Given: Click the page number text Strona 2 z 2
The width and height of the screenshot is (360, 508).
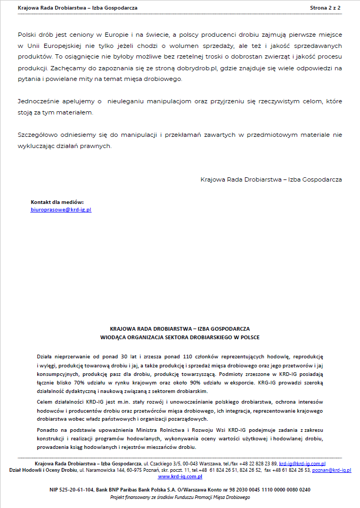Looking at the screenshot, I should (x=325, y=9).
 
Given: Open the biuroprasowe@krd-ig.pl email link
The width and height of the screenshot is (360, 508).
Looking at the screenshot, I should (x=61, y=210).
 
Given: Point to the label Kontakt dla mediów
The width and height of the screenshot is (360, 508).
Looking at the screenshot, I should (x=58, y=202).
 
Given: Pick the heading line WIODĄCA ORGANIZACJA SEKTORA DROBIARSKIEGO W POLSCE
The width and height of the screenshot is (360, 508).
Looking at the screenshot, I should (x=180, y=337).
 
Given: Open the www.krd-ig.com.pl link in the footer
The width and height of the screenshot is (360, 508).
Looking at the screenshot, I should (x=179, y=477).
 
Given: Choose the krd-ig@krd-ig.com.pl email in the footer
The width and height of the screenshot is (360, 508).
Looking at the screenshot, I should (x=302, y=463).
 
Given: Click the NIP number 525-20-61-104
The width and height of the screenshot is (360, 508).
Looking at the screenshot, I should (x=72, y=489).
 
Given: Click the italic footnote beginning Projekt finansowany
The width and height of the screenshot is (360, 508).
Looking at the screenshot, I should (x=179, y=497).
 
